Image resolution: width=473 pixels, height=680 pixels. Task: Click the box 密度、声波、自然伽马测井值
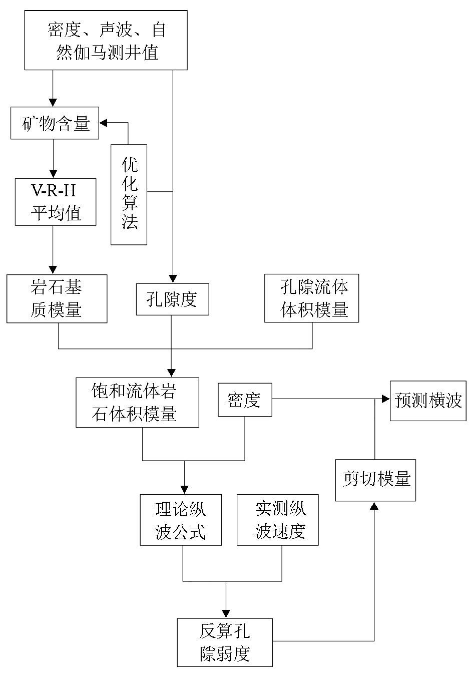click(x=106, y=40)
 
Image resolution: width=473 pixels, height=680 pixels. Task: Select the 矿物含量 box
click(x=55, y=123)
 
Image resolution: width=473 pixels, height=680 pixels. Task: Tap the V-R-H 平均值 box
click(x=55, y=202)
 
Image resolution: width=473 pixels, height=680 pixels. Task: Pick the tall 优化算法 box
click(x=129, y=195)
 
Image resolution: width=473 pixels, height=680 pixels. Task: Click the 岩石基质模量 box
click(x=57, y=299)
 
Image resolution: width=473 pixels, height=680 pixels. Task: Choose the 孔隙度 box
click(x=172, y=299)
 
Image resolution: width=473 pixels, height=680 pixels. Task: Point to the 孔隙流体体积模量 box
click(x=312, y=298)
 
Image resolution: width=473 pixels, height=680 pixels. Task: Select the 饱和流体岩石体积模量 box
click(x=137, y=403)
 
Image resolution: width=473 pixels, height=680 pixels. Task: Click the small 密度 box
click(x=245, y=400)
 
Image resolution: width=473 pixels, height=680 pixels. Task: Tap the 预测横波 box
click(x=428, y=400)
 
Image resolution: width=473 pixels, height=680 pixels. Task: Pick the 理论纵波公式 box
click(x=181, y=520)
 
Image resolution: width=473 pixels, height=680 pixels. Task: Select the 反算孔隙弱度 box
click(x=225, y=642)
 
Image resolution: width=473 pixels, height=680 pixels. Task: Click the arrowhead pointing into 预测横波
click(x=386, y=399)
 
